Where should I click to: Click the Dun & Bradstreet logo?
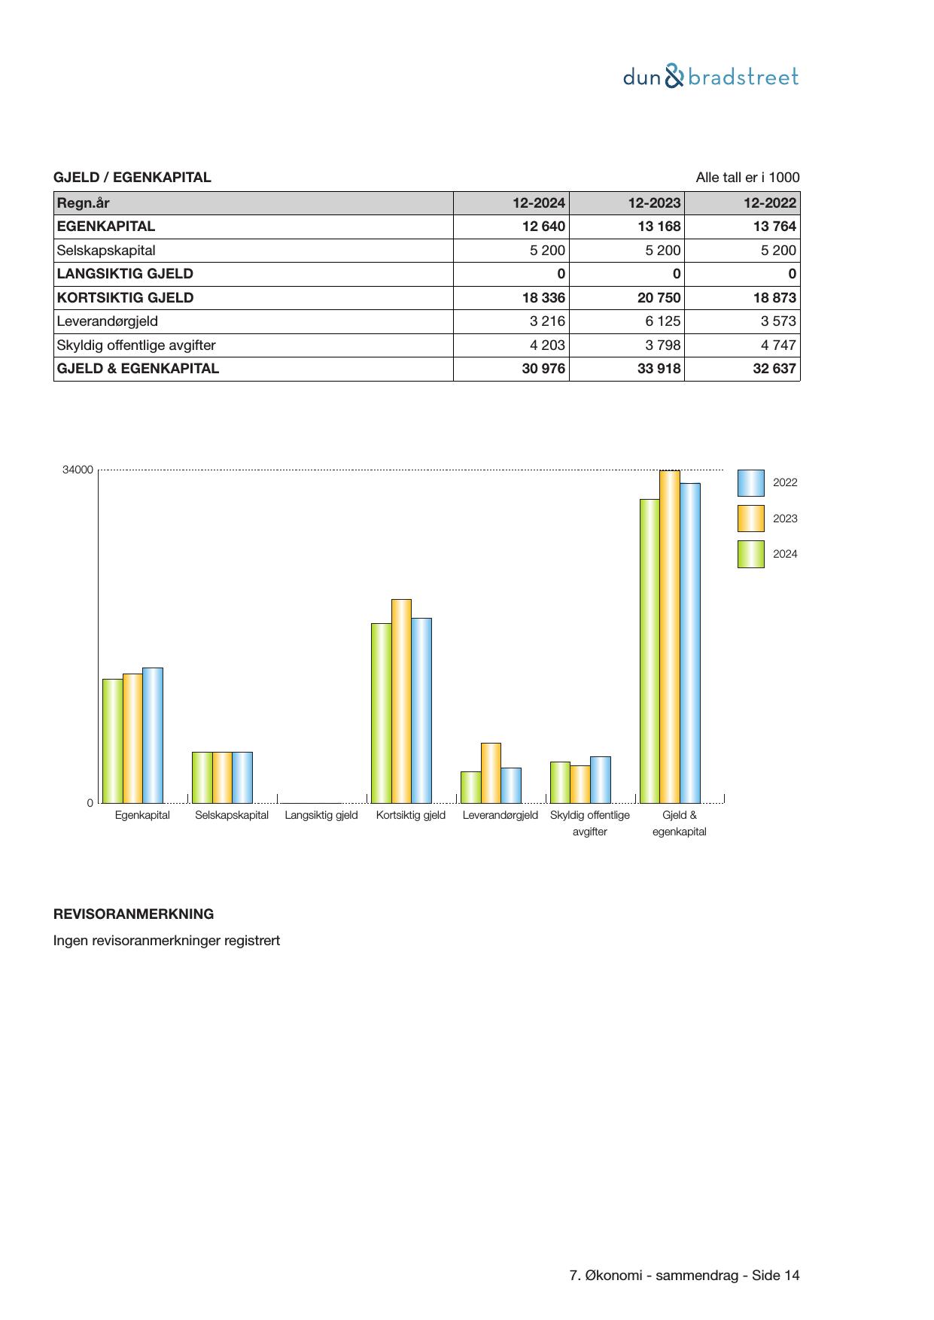click(x=710, y=77)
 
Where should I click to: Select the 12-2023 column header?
click(x=654, y=202)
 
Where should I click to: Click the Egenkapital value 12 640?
click(x=543, y=227)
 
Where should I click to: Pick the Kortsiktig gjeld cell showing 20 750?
click(x=659, y=297)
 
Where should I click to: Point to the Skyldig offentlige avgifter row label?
click(x=136, y=345)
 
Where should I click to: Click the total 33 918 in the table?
click(x=659, y=369)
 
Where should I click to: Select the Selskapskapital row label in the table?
click(x=106, y=251)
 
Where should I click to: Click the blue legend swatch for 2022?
click(x=750, y=483)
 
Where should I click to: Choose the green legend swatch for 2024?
click(x=750, y=554)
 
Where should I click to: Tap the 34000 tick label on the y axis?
click(x=78, y=470)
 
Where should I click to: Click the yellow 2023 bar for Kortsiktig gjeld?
click(x=401, y=701)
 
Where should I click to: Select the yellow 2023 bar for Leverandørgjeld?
click(x=491, y=773)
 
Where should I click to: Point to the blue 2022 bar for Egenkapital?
click(x=153, y=735)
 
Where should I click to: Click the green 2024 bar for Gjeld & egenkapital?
click(x=650, y=651)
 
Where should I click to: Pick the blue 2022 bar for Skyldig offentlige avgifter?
click(x=600, y=780)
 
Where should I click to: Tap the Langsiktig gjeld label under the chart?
click(x=321, y=815)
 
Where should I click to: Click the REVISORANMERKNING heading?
click(x=133, y=914)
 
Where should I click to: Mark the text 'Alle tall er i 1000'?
click(x=747, y=178)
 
